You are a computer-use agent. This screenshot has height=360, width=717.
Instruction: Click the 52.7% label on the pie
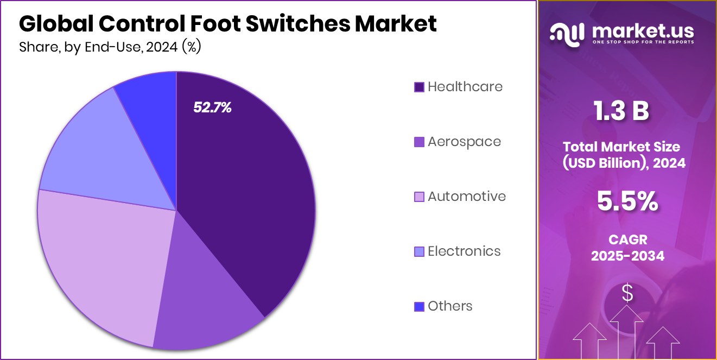tap(212, 108)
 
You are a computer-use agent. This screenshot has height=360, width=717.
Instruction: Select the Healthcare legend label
tap(465, 86)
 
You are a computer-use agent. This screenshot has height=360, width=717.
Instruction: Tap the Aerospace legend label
tap(464, 141)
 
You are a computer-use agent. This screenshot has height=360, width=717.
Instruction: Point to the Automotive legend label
tap(466, 196)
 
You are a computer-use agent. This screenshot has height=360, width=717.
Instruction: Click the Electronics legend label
tap(464, 251)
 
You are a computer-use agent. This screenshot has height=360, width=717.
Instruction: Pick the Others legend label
tap(450, 306)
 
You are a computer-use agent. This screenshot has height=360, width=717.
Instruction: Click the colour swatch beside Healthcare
tap(418, 87)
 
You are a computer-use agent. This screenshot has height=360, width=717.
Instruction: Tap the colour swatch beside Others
tap(418, 306)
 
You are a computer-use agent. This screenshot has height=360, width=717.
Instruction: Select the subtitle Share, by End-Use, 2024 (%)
tap(110, 47)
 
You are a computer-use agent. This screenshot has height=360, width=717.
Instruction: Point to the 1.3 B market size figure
tap(621, 111)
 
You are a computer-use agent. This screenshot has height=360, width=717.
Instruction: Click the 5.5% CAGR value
tap(627, 201)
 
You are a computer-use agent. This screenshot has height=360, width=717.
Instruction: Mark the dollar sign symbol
tap(627, 294)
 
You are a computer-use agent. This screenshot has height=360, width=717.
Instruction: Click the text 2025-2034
tap(627, 256)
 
